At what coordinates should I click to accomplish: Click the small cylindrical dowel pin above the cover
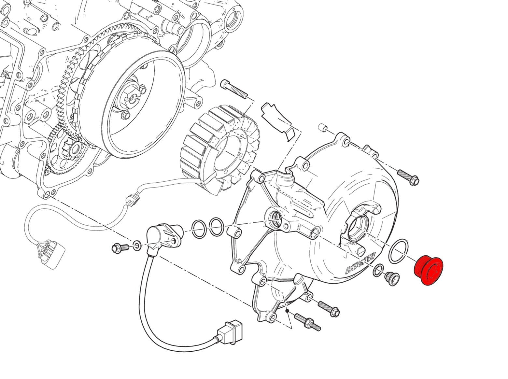point(322,127)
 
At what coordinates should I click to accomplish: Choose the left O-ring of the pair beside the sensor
point(199,229)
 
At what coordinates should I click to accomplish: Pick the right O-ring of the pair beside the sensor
point(216,227)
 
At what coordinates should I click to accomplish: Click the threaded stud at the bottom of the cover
point(308,321)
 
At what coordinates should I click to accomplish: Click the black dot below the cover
point(287,311)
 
